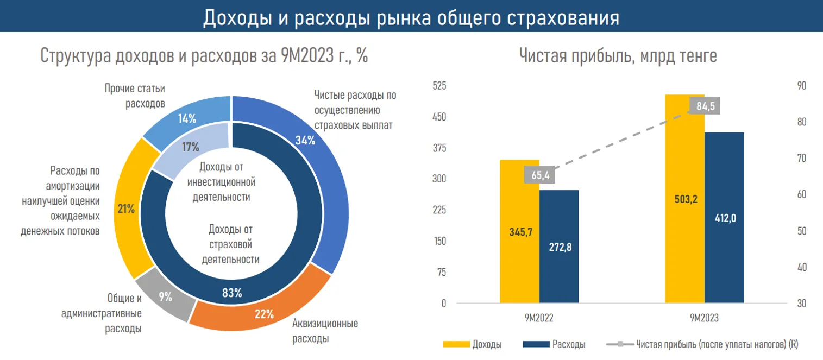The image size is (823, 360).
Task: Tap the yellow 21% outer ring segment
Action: click(128, 209)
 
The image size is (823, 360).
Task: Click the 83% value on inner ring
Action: click(232, 294)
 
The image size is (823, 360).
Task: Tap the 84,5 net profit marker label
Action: click(705, 105)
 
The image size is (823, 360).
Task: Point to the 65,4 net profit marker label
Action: click(539, 175)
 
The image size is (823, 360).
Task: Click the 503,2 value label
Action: click(684, 199)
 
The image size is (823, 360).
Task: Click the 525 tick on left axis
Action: click(438, 86)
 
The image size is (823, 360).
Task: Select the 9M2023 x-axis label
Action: click(705, 319)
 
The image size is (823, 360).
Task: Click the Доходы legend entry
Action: click(473, 344)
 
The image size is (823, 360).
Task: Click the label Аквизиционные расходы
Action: click(325, 331)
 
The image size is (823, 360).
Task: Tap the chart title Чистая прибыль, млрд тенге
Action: click(618, 56)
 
